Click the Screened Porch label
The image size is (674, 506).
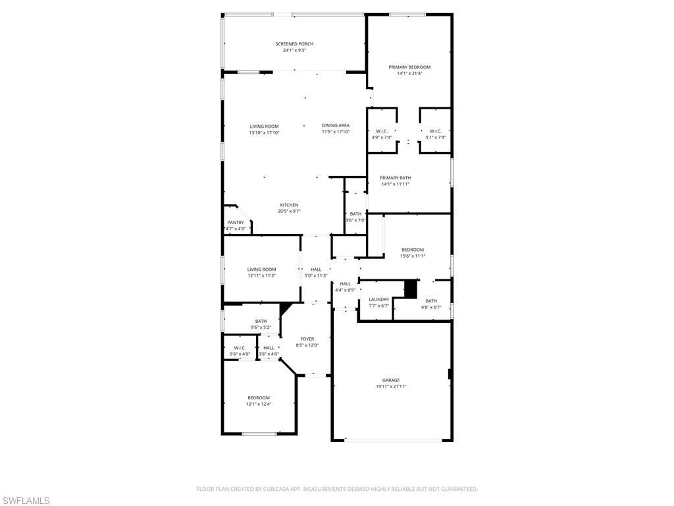[294, 43]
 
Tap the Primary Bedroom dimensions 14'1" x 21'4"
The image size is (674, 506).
[409, 74]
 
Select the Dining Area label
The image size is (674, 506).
[336, 125]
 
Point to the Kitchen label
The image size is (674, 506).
[289, 205]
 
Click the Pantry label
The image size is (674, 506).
[236, 223]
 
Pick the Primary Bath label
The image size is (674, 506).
[395, 177]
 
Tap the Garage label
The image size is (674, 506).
[391, 380]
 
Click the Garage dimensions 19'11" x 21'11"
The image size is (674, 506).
[391, 387]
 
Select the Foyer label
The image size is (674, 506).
[307, 339]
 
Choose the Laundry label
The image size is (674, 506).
[379, 299]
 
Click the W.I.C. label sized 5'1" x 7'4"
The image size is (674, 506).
[435, 130]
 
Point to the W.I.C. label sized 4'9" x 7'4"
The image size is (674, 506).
[382, 130]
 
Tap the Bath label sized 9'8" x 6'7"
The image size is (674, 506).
[431, 300]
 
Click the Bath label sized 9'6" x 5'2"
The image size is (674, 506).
[261, 321]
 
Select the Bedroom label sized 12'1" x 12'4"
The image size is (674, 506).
[259, 397]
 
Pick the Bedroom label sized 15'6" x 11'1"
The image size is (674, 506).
[413, 249]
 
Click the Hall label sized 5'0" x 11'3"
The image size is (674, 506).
[316, 269]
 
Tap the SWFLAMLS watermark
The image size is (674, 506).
[25, 501]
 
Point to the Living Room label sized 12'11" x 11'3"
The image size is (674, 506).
[261, 269]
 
